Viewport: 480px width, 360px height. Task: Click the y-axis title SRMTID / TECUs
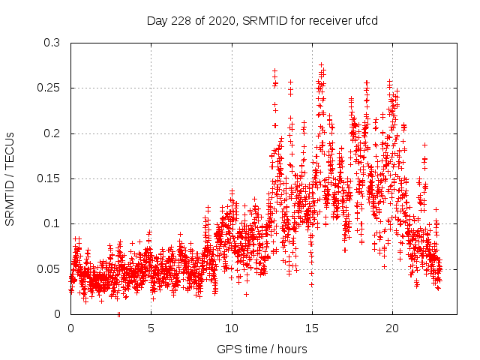[x=10, y=178]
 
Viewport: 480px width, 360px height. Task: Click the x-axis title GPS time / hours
[x=262, y=349]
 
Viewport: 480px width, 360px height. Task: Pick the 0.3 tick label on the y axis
[x=52, y=43]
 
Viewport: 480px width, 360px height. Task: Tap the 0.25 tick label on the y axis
[x=49, y=88]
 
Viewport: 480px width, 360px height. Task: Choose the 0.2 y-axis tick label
[x=52, y=133]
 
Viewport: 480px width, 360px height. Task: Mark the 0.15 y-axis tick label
[x=49, y=178]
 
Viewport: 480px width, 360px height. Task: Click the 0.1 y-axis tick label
[x=52, y=223]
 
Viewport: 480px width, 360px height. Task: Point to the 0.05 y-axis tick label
[x=49, y=268]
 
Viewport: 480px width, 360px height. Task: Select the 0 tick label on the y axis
[x=57, y=314]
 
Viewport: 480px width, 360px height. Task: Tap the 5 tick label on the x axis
[x=151, y=328]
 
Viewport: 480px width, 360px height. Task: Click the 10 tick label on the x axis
[x=231, y=328]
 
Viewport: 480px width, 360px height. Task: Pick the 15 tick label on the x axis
[x=311, y=328]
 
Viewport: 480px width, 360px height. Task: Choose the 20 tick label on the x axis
[x=391, y=328]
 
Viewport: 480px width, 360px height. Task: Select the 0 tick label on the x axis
[x=70, y=328]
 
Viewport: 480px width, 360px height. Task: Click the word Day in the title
[x=155, y=20]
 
